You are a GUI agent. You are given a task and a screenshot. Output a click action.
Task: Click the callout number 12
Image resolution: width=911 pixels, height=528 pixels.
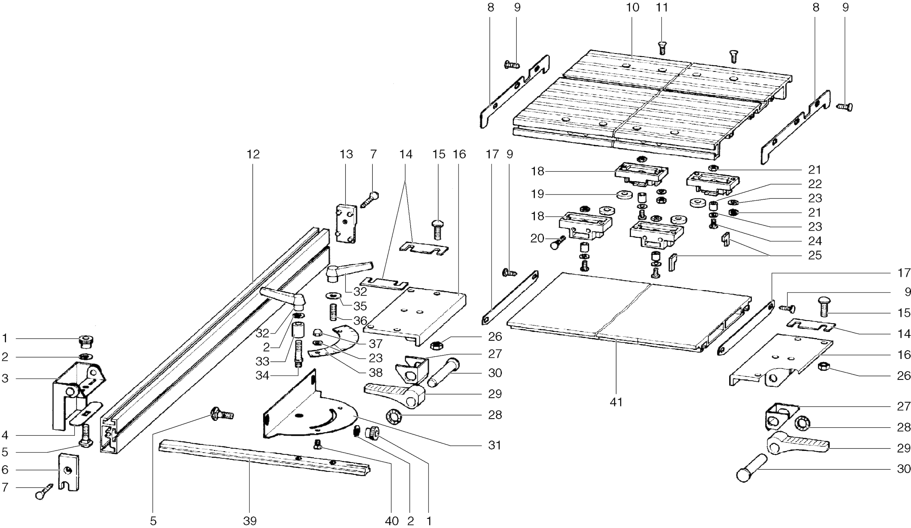click(x=253, y=154)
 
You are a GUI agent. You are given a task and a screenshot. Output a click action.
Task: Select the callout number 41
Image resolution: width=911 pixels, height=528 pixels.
click(x=616, y=402)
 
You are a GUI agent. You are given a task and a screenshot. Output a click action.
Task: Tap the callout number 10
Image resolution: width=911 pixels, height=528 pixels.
click(x=633, y=7)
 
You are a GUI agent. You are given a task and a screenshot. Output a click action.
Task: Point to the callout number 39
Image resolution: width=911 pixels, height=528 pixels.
click(x=250, y=521)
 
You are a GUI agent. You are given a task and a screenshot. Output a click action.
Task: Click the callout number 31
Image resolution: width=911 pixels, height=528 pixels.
click(x=495, y=445)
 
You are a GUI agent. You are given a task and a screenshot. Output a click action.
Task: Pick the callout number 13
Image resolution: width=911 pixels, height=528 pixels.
click(x=346, y=154)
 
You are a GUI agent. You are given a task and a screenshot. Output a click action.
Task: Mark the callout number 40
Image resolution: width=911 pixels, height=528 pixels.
click(x=392, y=521)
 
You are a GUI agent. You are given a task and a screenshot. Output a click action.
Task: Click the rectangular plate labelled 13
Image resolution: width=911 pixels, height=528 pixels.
click(x=346, y=224)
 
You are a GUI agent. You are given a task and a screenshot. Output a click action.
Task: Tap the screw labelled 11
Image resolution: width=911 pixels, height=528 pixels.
click(x=662, y=48)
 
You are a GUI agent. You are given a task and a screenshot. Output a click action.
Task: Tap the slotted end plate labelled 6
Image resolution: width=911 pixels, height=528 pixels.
click(x=68, y=472)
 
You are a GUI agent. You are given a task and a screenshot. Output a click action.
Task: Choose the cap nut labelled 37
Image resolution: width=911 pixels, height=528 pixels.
click(x=318, y=334)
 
